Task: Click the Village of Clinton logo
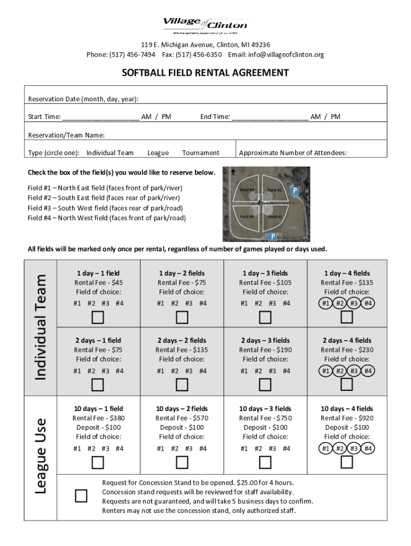pos(205,25)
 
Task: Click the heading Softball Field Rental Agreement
pos(205,73)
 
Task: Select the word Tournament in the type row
pos(201,153)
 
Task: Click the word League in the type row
pos(158,153)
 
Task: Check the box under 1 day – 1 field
pos(98,318)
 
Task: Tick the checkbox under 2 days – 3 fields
pos(265,384)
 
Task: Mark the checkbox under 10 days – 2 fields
pos(181,462)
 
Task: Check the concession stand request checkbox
pos(81,496)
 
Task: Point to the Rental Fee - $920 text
pos(347,418)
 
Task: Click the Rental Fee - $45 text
pos(98,283)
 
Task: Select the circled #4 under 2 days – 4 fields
pos(368,371)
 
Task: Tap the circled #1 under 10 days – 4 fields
pos(326,448)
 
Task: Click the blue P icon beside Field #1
pos(295,190)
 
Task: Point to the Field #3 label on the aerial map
pos(247,216)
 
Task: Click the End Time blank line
pos(270,117)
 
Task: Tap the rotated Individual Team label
pos(41,326)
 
